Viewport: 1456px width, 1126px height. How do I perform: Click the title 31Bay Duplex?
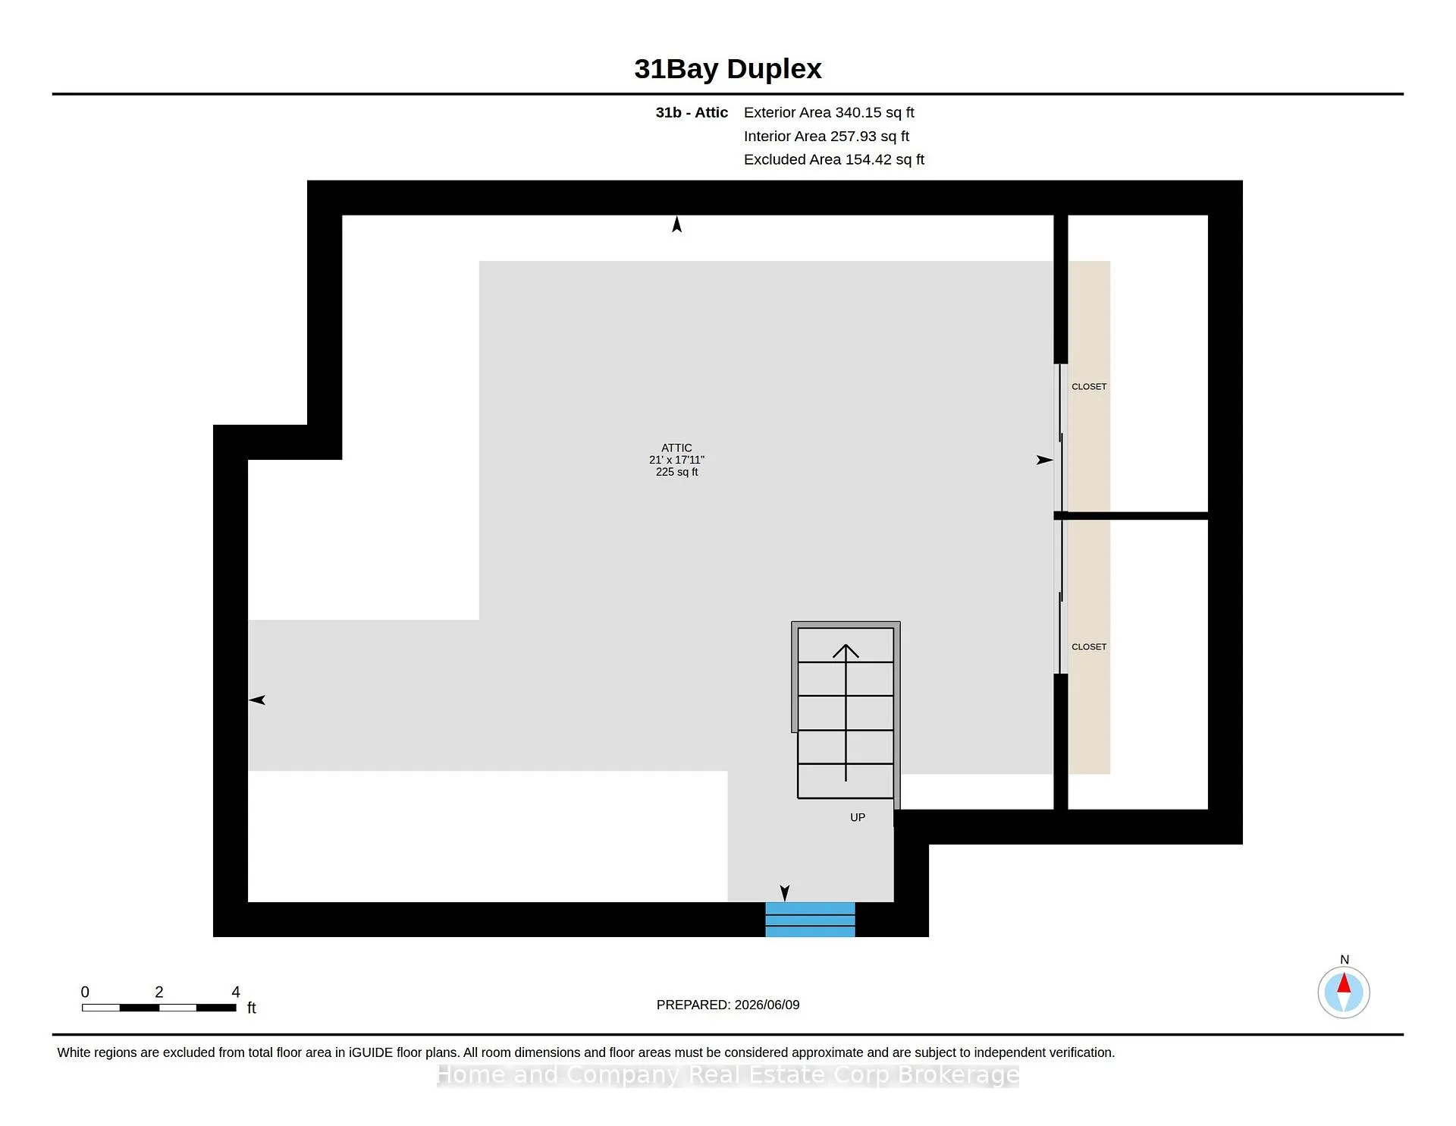[x=728, y=69]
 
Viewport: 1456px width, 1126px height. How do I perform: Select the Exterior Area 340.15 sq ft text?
[x=829, y=112]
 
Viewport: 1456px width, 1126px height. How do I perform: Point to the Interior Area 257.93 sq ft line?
[x=827, y=136]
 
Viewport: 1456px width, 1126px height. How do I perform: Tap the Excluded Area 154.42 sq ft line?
[x=834, y=159]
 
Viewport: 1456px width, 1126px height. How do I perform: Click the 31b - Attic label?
[x=692, y=112]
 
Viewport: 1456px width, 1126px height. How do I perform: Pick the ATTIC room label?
[x=676, y=448]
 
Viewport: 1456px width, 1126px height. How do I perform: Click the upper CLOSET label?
[x=1089, y=387]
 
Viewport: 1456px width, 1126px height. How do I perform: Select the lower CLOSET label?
[x=1089, y=647]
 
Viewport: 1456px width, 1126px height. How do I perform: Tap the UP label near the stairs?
[x=858, y=817]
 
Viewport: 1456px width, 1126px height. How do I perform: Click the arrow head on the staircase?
[x=846, y=650]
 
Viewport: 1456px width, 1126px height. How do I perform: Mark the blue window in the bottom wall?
[x=810, y=920]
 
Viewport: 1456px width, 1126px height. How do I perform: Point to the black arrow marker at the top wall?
[x=677, y=224]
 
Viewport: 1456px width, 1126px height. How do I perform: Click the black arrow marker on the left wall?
[x=257, y=700]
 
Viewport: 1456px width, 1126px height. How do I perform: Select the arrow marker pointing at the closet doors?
[x=1045, y=460]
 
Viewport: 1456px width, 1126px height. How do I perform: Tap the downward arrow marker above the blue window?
[x=785, y=893]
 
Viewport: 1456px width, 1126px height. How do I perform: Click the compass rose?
[x=1344, y=992]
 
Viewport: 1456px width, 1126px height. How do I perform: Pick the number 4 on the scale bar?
[x=236, y=992]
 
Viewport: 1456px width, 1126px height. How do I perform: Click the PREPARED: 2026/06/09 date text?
[x=728, y=1005]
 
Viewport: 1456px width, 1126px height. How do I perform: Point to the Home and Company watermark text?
[x=728, y=1075]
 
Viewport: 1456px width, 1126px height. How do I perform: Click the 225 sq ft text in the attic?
[x=676, y=472]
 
